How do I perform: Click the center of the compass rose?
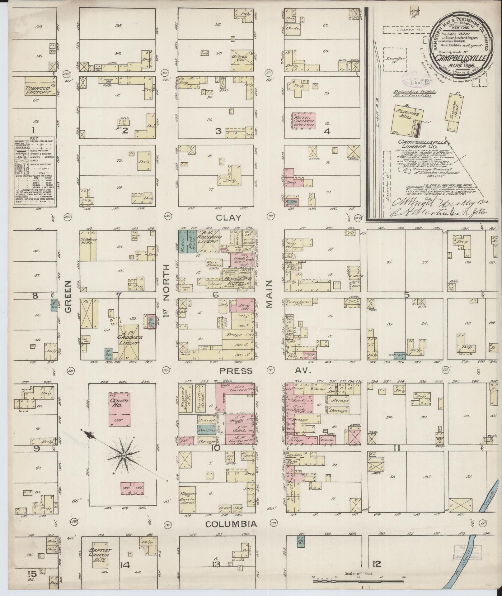point(124,456)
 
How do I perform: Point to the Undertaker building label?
point(298,302)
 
